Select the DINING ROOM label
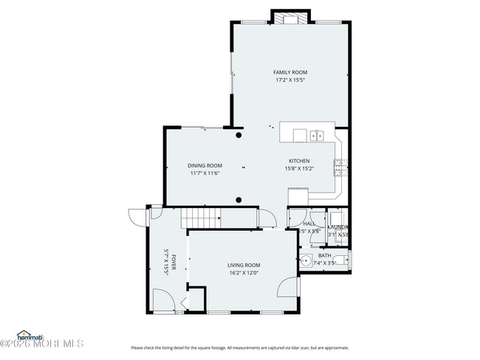[205, 165]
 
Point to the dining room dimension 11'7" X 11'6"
[205, 173]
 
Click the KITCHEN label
[299, 161]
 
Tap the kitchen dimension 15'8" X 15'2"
[299, 168]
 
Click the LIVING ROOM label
[243, 265]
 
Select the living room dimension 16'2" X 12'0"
[243, 272]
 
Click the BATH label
[324, 255]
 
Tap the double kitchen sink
[317, 135]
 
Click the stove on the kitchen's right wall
[340, 168]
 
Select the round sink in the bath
[305, 260]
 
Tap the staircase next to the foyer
[202, 218]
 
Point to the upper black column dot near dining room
[239, 135]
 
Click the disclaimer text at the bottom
[240, 347]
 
